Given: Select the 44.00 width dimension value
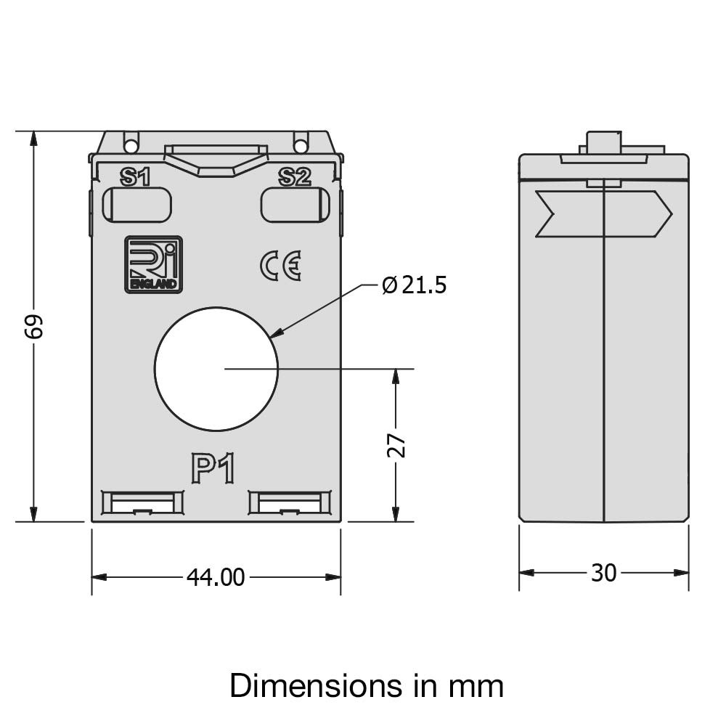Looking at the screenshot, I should coord(216,577).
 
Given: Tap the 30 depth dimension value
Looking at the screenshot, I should coord(603,573).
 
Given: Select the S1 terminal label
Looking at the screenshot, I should coord(135,176).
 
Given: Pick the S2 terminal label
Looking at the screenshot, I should coord(295,176).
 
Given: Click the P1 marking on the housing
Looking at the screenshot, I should coord(213,468).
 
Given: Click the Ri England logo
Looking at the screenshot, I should coord(153,264).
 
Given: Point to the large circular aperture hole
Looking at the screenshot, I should coord(216,369).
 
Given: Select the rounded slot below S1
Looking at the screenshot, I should coord(136,205).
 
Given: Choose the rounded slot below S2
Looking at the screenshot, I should coord(295,205).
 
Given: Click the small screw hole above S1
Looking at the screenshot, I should coord(131,147).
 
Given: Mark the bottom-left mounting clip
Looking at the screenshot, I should coord(142,503).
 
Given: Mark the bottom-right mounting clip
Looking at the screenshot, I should coord(290,503).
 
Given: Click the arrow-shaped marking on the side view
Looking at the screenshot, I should coord(603,213).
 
